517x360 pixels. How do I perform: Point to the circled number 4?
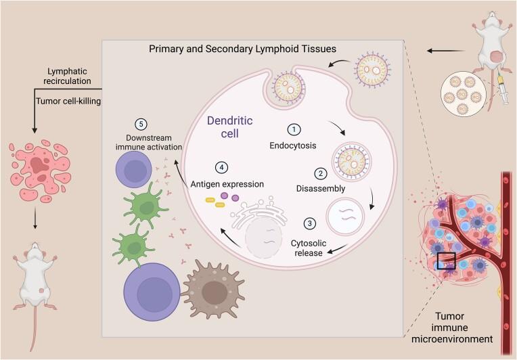[219, 167]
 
